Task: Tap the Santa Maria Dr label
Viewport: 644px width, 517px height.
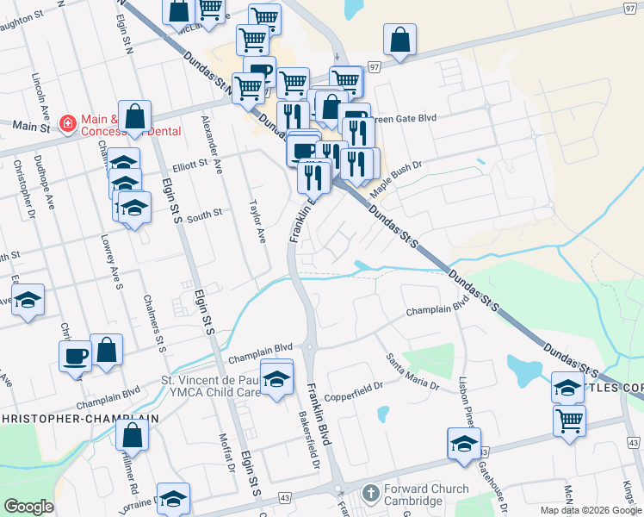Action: pyautogui.click(x=412, y=371)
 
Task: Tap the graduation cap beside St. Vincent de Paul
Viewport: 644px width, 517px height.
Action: pyautogui.click(x=276, y=378)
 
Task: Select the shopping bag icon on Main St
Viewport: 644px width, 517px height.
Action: pyautogui.click(x=135, y=116)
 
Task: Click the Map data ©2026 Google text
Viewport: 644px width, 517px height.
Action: pyautogui.click(x=590, y=510)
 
